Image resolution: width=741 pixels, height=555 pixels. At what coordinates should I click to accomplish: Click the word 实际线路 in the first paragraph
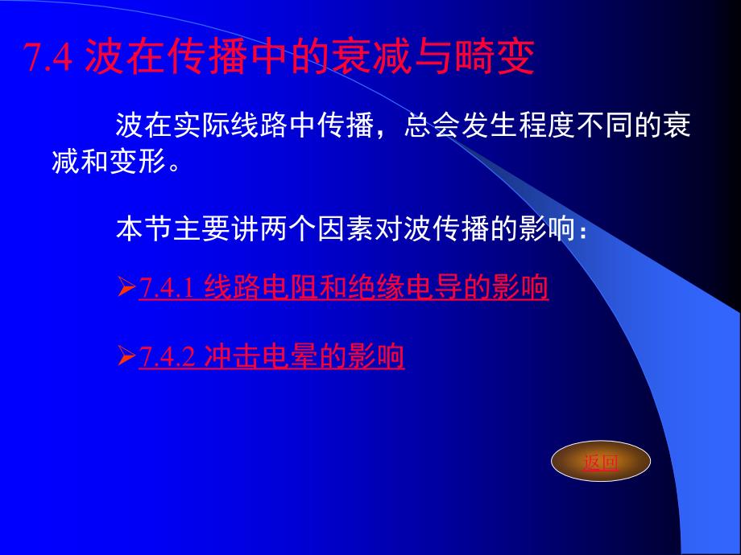coord(230,125)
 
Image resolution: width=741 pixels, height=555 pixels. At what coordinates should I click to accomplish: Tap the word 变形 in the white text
coord(138,162)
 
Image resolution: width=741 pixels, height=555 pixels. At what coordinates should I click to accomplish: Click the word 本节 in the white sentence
coord(144,229)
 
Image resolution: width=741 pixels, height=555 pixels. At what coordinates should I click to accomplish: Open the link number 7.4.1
coord(167,287)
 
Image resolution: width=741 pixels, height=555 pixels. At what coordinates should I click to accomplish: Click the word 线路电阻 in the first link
coord(261,287)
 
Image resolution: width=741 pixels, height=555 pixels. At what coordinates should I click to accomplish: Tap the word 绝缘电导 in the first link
coord(405,287)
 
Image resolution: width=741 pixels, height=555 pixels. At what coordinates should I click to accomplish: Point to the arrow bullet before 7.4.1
coord(126,287)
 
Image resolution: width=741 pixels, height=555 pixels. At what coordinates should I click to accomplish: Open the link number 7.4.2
coord(167,356)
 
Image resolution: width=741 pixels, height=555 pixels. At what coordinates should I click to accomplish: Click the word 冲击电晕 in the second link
coord(261,356)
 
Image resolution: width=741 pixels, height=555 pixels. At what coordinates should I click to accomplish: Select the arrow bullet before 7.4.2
coord(126,356)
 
